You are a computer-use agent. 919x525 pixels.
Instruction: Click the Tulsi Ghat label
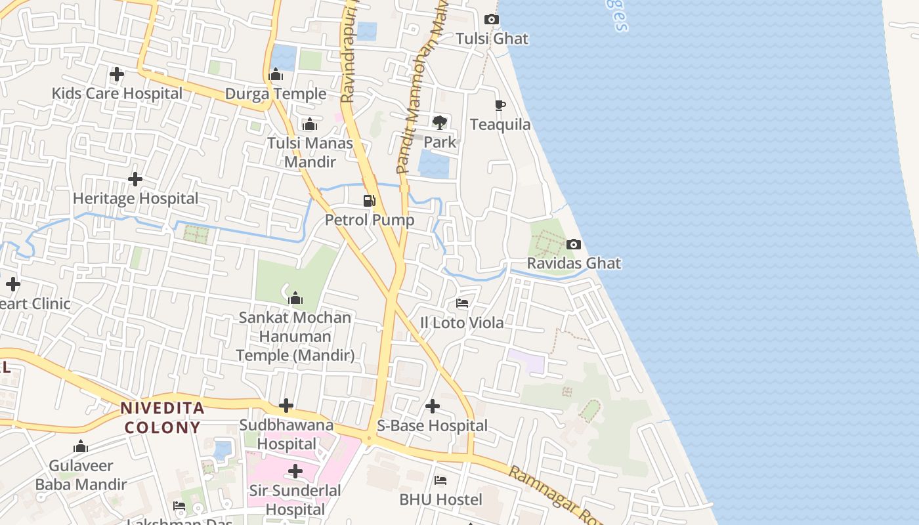[x=492, y=39]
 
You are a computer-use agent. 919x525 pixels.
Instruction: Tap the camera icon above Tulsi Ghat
[x=492, y=20]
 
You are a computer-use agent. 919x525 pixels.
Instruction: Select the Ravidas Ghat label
[x=574, y=263]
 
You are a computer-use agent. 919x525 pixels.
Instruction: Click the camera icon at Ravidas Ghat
[x=574, y=245]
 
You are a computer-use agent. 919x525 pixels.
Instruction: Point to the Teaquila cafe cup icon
[x=500, y=105]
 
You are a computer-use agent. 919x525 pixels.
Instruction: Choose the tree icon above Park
[x=440, y=122]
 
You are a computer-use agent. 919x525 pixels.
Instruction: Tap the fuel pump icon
[x=370, y=200]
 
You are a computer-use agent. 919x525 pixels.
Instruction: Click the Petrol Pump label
[x=370, y=220]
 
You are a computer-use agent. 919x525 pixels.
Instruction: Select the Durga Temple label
[x=276, y=94]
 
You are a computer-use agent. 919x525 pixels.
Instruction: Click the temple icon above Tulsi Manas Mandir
[x=310, y=124]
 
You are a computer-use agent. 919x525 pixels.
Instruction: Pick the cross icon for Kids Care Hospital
[x=117, y=74]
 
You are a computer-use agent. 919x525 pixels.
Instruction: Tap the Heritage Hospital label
[x=135, y=198]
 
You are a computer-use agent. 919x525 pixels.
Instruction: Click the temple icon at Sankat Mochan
[x=295, y=299]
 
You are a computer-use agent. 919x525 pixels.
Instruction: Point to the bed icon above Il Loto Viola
[x=462, y=303]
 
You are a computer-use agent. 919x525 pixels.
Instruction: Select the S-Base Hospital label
[x=433, y=426]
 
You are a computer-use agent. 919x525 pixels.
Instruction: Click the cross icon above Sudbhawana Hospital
[x=286, y=406]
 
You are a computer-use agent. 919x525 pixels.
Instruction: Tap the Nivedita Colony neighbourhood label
[x=162, y=418]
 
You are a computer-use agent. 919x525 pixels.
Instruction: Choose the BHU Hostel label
[x=440, y=499]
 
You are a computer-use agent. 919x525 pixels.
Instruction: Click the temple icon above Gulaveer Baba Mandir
[x=81, y=447]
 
